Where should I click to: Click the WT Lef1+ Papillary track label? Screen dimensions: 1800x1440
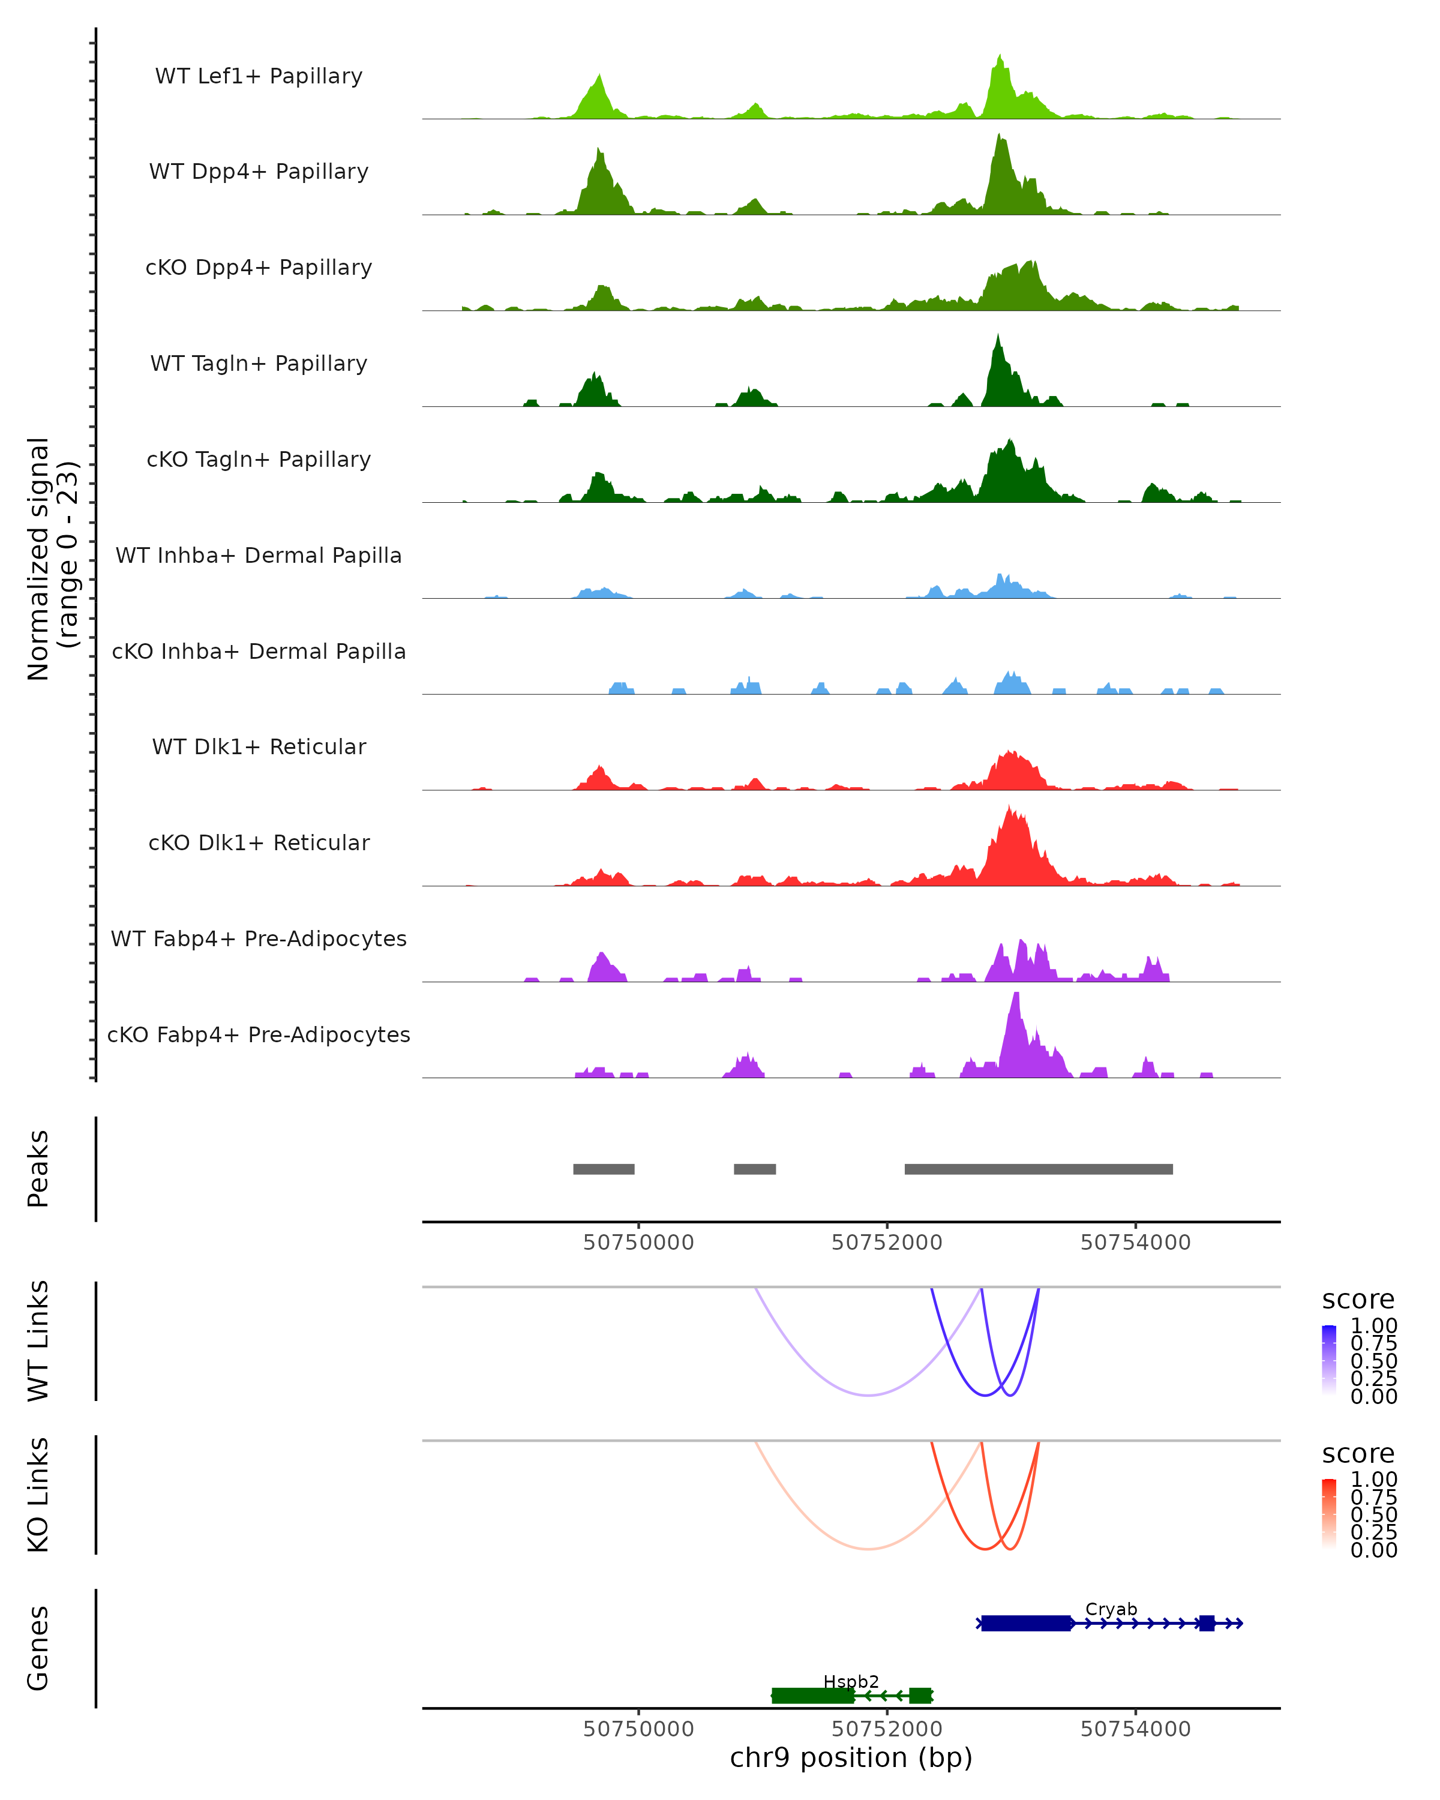click(259, 76)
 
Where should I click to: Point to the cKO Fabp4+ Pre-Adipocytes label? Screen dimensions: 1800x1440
click(259, 1034)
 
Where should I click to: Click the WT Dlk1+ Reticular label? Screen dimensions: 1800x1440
click(259, 746)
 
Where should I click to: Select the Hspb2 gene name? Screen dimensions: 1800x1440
click(851, 1681)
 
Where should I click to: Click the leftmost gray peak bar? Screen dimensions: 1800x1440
click(604, 1169)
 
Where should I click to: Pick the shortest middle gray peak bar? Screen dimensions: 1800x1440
click(755, 1169)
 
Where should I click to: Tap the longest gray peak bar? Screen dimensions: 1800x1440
click(1039, 1169)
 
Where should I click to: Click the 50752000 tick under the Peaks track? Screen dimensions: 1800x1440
click(887, 1243)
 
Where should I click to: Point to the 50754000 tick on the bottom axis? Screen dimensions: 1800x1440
click(1135, 1729)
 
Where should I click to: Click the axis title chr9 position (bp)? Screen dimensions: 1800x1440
click(851, 1758)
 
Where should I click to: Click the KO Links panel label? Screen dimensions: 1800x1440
click(38, 1495)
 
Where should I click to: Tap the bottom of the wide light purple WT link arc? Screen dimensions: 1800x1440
click(869, 1395)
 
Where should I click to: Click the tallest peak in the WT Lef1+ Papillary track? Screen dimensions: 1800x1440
click(1000, 58)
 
